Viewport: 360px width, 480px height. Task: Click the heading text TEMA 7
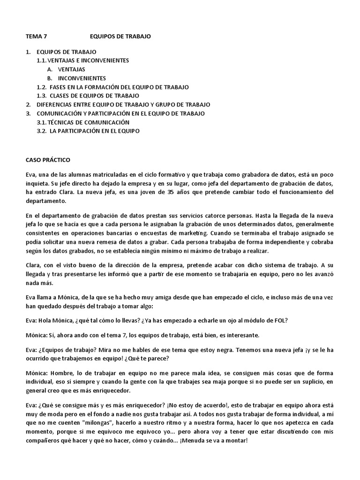[x=37, y=36]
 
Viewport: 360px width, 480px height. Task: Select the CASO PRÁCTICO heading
[x=48, y=160]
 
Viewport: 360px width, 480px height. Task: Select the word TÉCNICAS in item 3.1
[x=62, y=122]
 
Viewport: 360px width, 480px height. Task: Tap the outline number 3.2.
[x=41, y=131]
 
